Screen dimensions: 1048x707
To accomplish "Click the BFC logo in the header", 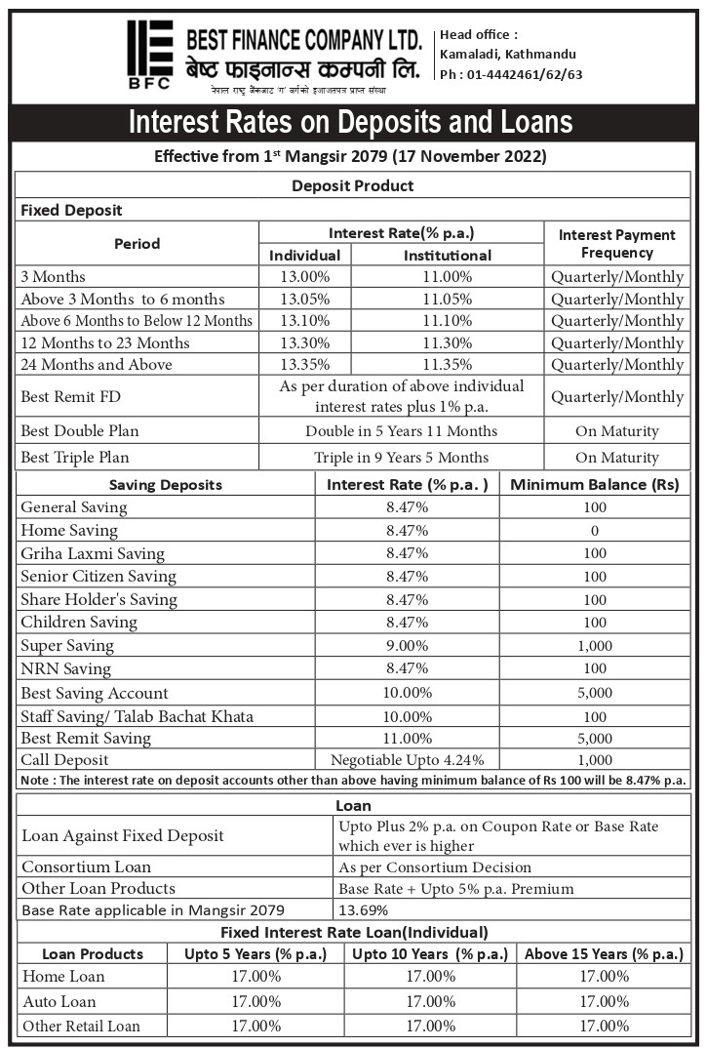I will (149, 55).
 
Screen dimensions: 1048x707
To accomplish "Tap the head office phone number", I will (511, 74).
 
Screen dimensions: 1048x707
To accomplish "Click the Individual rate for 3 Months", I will (304, 277).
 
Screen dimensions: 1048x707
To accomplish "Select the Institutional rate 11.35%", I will (447, 365).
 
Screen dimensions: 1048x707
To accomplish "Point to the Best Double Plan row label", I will (80, 431).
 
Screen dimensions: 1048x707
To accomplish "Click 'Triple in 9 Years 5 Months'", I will (401, 458).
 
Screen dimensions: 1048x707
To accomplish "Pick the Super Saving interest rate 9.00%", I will (407, 646).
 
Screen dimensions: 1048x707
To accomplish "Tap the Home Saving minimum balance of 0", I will (594, 531).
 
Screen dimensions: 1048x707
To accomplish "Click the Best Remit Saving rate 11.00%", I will (407, 739).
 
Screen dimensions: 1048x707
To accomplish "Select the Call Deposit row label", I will (64, 760).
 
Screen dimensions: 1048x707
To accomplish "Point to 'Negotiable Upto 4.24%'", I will (407, 760).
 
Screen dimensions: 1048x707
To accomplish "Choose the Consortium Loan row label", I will (87, 867).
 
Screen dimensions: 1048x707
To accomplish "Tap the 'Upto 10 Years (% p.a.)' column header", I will (429, 954).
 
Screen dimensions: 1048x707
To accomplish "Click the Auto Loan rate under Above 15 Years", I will (604, 1001).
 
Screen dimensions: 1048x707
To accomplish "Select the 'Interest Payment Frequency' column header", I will (616, 244).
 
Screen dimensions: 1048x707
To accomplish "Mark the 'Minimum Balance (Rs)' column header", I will (594, 485).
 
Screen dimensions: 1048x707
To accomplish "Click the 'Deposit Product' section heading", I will (352, 185).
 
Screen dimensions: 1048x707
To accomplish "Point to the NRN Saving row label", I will (65, 669).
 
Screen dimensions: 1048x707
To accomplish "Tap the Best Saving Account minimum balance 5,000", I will (594, 693).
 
